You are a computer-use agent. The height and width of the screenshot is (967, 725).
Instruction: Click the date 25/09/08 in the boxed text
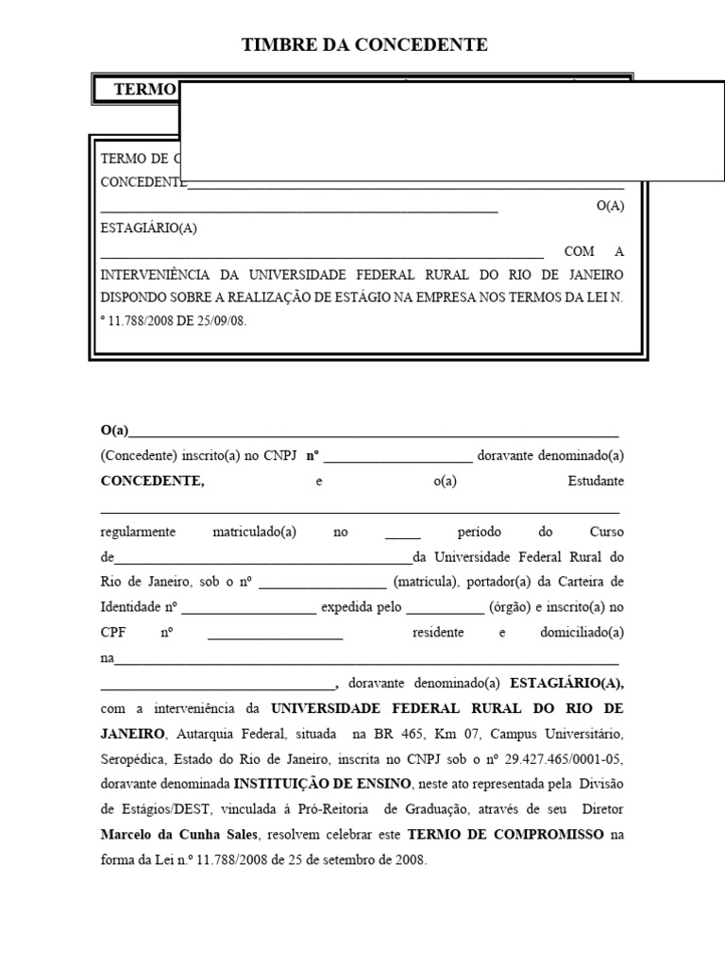(221, 320)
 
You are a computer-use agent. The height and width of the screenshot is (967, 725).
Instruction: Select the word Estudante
(595, 482)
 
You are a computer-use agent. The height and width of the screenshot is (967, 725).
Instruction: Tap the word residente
(438, 633)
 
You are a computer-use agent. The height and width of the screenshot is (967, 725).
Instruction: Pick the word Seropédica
(133, 758)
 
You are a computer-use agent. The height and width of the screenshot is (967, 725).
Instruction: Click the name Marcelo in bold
(129, 835)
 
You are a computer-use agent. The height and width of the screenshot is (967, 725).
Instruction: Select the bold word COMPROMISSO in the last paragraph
(547, 835)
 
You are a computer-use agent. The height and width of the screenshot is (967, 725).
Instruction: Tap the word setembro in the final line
(329, 860)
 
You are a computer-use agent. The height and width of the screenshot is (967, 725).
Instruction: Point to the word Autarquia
(204, 734)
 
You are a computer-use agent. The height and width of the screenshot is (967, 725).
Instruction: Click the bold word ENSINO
(384, 784)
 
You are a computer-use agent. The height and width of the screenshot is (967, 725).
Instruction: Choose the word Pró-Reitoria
(339, 809)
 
